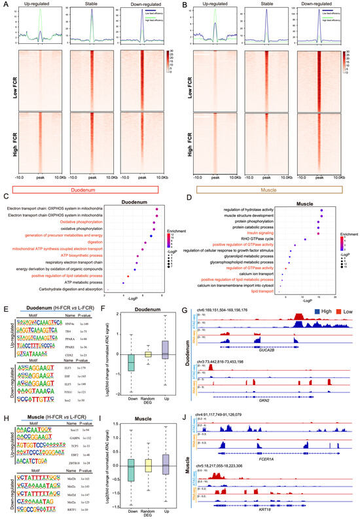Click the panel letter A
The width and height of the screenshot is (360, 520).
7,5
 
